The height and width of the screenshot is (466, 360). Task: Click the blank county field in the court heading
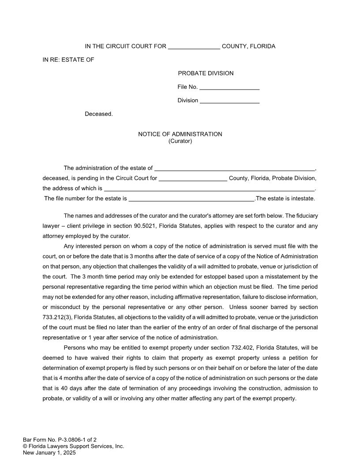[194, 47]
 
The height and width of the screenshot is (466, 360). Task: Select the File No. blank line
[229, 87]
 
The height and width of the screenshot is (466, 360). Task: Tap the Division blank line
[229, 101]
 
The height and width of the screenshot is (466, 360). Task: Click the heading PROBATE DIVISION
[206, 73]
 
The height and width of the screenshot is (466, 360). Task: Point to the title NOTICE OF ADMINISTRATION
[180, 134]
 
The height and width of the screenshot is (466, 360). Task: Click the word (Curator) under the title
[180, 141]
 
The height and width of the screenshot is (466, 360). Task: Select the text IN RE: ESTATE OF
[68, 60]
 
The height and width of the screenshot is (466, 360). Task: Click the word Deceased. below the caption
[99, 114]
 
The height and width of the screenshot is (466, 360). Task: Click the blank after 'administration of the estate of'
[235, 168]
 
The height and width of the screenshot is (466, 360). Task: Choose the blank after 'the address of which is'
[210, 188]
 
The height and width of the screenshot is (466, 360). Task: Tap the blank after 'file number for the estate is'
[191, 199]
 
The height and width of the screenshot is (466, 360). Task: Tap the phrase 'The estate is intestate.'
[285, 199]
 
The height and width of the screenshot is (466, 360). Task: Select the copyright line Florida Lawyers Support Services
[74, 446]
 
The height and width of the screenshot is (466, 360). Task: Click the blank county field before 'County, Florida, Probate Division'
[193, 178]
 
